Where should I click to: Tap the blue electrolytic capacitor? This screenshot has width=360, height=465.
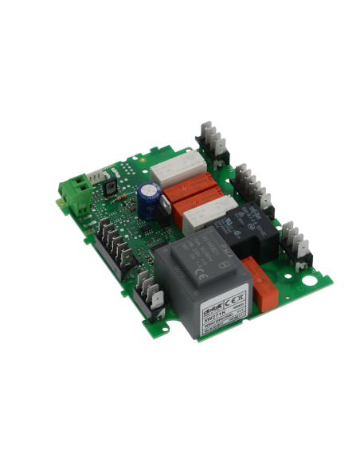tap(149, 198)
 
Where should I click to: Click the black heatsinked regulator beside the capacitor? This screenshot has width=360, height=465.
tap(165, 209)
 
